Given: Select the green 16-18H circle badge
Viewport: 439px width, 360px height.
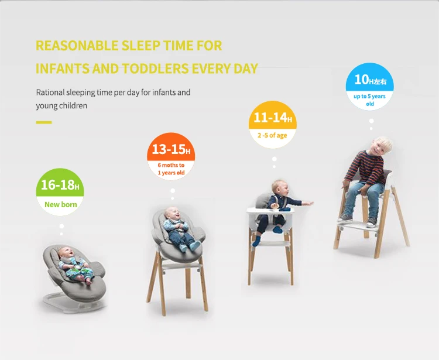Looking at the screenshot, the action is (x=60, y=192).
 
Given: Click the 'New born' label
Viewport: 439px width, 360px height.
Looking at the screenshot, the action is (x=61, y=205).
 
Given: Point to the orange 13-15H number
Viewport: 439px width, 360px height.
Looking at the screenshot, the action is (x=171, y=149).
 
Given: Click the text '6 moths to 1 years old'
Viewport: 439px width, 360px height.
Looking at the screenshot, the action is (x=171, y=169).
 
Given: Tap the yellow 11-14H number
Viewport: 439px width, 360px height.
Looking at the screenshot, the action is (x=273, y=118).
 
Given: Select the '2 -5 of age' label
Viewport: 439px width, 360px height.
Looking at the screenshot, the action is (x=272, y=135).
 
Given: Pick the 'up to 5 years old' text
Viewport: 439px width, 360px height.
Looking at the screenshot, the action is (x=370, y=100).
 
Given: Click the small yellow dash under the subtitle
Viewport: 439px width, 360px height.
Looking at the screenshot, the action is (x=44, y=122).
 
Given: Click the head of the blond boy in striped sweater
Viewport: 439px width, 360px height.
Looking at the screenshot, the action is (x=382, y=145).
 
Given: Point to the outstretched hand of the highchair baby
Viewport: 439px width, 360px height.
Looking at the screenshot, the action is (x=308, y=203).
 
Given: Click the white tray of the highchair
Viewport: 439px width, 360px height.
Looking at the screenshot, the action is (x=270, y=211).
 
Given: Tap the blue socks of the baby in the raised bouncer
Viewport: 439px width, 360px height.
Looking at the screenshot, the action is (x=190, y=246).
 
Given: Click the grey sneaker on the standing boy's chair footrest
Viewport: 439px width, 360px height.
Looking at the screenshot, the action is (x=372, y=222).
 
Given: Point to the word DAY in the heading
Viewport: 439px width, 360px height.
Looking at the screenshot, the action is (x=245, y=68).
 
